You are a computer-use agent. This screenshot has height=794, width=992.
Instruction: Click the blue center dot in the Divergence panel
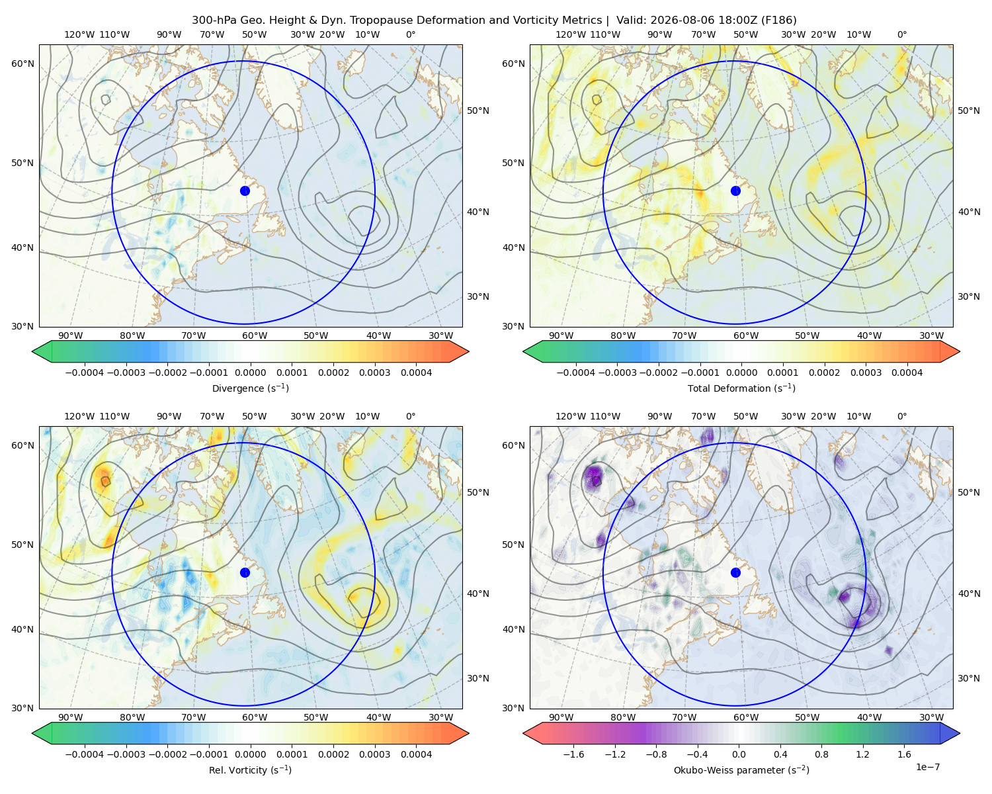(x=245, y=191)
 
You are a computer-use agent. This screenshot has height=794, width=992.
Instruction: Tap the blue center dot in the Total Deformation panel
(x=735, y=191)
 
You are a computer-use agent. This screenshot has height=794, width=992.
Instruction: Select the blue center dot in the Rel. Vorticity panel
(x=245, y=572)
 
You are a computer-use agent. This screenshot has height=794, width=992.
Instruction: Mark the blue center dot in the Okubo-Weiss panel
(x=735, y=572)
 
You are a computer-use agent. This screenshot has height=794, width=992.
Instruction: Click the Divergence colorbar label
(x=250, y=388)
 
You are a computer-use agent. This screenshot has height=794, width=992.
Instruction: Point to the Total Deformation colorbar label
(x=741, y=388)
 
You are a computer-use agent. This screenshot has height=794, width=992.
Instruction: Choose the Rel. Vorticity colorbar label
(x=250, y=770)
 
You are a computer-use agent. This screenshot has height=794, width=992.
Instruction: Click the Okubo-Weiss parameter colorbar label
(x=741, y=770)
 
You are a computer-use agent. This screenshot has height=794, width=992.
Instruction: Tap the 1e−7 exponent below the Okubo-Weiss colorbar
(x=927, y=768)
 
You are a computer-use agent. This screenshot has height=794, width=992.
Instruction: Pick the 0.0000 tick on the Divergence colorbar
(x=250, y=373)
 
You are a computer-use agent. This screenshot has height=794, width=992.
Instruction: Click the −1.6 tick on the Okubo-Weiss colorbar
(x=574, y=754)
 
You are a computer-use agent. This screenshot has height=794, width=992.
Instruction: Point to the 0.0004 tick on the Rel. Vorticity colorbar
(x=416, y=754)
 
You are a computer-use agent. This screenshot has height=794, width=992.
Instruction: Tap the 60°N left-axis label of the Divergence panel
(x=22, y=64)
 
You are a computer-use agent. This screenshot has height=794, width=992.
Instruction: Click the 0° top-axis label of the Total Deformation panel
(x=901, y=34)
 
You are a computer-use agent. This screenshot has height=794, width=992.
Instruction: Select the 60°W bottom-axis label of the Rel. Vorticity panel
(x=255, y=717)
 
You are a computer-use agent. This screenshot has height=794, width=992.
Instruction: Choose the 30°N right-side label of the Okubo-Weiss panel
(x=969, y=678)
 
